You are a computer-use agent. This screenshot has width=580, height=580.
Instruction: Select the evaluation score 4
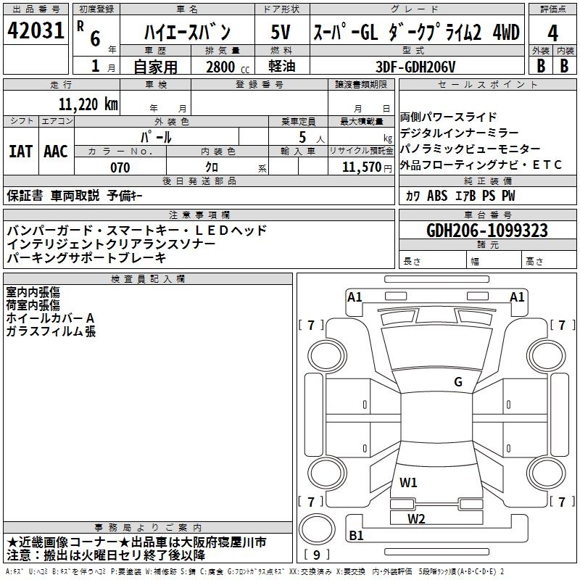click(552, 33)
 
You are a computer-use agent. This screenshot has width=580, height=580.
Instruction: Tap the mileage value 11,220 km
click(89, 104)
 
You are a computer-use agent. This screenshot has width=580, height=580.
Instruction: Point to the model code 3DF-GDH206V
click(417, 66)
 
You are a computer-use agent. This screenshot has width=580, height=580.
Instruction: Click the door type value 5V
click(281, 32)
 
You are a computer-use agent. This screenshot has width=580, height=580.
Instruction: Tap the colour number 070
click(120, 167)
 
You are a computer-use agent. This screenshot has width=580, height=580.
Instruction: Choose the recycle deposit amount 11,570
click(360, 167)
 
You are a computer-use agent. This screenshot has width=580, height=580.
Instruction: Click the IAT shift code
click(20, 151)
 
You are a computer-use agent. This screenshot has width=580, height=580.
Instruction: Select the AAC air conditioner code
click(56, 151)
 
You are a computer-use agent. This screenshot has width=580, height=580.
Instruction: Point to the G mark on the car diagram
click(457, 382)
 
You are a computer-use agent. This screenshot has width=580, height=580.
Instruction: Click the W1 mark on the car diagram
click(408, 482)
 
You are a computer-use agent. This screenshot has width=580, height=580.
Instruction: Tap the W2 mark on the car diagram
click(416, 518)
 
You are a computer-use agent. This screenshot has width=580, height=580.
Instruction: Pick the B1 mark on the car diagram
click(357, 536)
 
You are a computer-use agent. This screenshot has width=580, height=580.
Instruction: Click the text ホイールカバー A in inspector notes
click(51, 318)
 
